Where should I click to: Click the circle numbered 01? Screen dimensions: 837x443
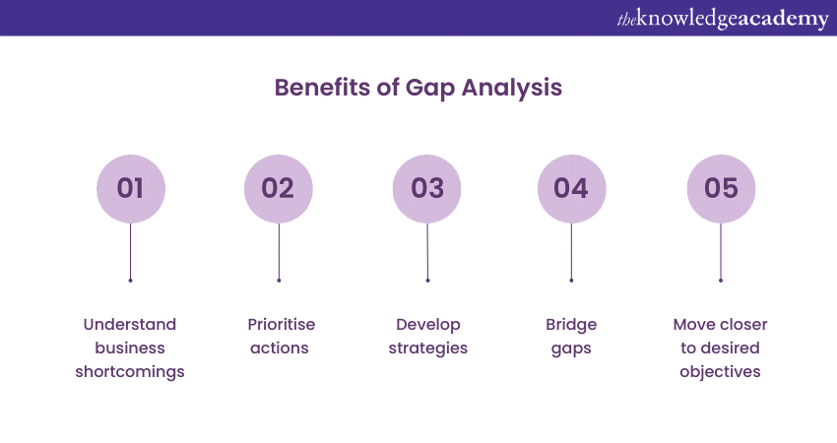point(131,189)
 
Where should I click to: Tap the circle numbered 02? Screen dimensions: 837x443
point(278,189)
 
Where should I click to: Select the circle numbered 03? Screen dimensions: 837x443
point(427,189)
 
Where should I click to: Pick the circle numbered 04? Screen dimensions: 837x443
point(572,189)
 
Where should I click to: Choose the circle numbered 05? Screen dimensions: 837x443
point(721,189)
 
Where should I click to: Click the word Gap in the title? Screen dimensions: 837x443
point(430,89)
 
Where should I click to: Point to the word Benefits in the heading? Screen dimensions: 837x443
point(322,88)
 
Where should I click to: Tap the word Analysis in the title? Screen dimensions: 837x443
point(512,89)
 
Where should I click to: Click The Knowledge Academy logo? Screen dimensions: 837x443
point(723,19)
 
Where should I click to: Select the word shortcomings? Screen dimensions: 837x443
point(130,372)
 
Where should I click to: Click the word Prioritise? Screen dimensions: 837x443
point(282,325)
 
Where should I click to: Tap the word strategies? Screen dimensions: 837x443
point(428,348)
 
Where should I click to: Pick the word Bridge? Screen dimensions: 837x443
point(571,325)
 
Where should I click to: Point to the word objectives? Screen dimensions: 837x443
point(720,372)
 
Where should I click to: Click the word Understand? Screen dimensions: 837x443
point(130,325)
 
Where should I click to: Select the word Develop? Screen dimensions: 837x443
point(428,325)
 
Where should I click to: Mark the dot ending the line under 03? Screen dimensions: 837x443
point(427,281)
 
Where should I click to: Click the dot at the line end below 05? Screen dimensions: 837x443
point(721,281)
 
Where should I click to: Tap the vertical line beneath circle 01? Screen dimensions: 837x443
point(130,251)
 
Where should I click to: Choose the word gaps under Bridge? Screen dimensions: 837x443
point(571,349)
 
